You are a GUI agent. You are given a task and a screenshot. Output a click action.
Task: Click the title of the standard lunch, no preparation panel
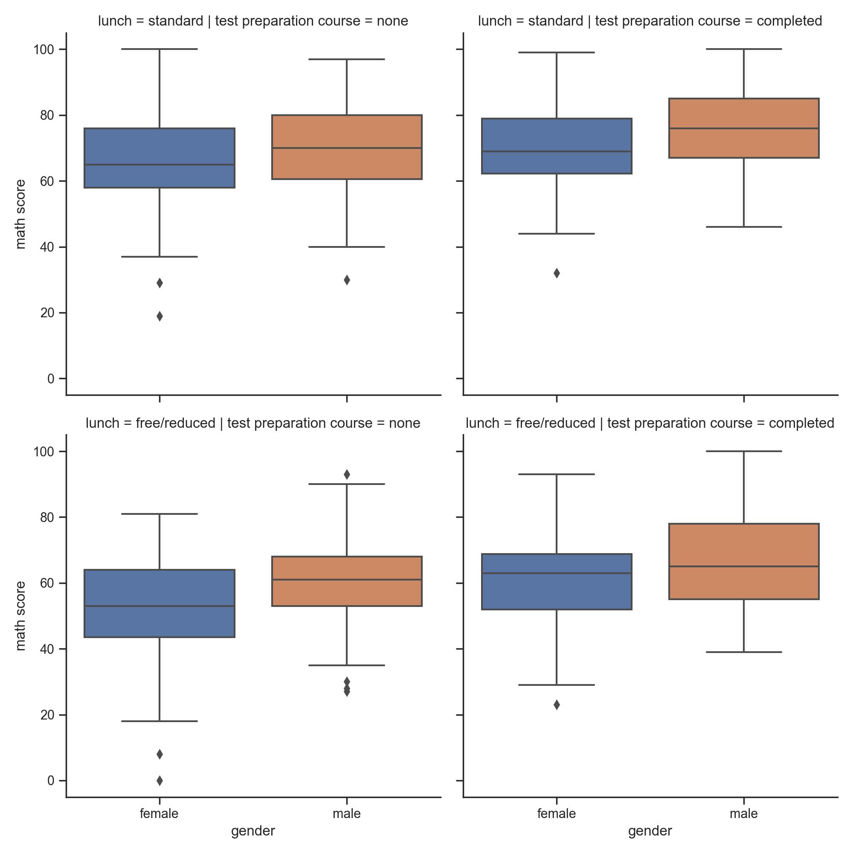[253, 21]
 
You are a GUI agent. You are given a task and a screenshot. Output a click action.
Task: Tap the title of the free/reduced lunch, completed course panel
[650, 423]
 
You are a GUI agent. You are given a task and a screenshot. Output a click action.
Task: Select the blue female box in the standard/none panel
[160, 158]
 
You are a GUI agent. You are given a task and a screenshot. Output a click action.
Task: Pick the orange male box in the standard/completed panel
[744, 128]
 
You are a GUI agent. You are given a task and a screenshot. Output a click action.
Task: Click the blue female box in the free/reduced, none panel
[160, 603]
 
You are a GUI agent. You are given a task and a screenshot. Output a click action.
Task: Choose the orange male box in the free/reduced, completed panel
[744, 561]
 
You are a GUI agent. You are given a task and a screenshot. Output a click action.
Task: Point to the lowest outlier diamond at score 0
[160, 780]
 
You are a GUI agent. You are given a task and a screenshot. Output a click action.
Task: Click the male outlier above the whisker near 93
[347, 474]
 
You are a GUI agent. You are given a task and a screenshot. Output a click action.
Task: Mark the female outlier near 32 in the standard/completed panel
[557, 273]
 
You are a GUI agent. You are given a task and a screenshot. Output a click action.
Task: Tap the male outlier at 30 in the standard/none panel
[347, 280]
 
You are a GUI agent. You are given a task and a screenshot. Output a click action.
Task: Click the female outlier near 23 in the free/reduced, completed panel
[557, 705]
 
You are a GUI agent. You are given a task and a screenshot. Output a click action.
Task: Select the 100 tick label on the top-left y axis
[44, 49]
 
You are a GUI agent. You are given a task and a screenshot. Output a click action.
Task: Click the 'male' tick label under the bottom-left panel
[347, 814]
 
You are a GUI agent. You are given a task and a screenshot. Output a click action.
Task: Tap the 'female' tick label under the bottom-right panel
[556, 814]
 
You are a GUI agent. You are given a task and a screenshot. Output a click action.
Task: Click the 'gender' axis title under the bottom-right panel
[650, 831]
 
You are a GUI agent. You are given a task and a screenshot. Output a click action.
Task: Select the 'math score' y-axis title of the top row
[21, 214]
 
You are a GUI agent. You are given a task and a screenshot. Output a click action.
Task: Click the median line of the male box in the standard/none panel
[347, 148]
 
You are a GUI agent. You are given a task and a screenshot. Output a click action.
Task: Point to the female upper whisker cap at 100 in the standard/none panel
[160, 49]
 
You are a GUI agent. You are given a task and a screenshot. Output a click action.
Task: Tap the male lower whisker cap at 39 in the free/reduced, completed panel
[744, 652]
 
